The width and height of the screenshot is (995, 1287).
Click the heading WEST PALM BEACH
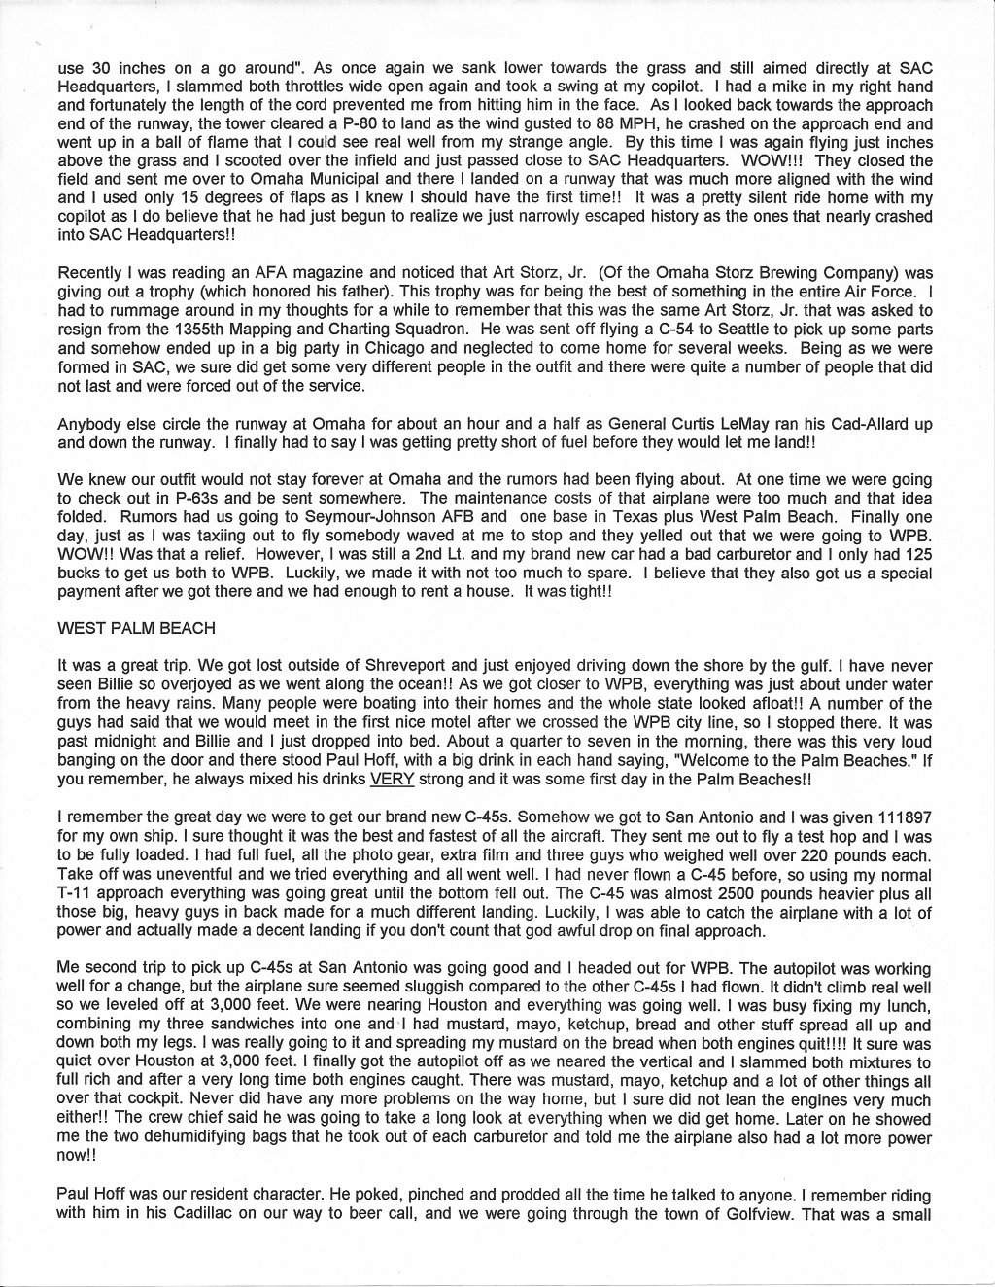click(137, 628)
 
